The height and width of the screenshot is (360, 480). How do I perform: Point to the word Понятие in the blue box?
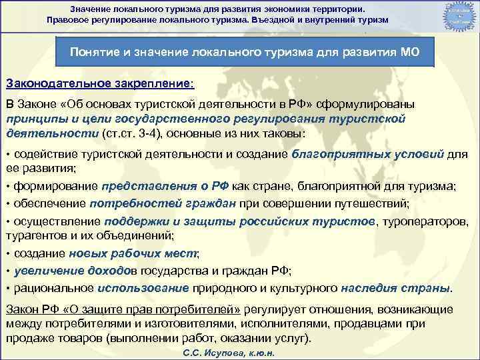pos(93,52)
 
